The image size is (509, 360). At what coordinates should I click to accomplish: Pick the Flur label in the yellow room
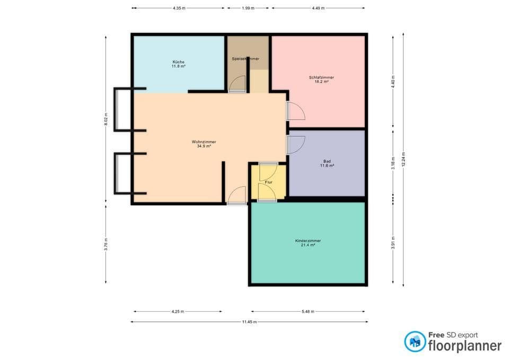(x=268, y=182)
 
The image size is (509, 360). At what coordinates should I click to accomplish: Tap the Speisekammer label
(x=245, y=59)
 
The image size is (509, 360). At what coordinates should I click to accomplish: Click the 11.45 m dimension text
(x=249, y=322)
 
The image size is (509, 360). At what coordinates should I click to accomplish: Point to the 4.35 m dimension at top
(x=179, y=8)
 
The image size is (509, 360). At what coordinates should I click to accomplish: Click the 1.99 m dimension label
(x=248, y=8)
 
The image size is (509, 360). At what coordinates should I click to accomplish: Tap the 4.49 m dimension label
(x=318, y=8)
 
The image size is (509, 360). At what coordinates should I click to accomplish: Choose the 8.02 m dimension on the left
(x=106, y=119)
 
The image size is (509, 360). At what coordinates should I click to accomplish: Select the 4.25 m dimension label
(x=178, y=312)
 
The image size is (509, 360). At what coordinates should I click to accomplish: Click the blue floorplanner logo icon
(x=415, y=341)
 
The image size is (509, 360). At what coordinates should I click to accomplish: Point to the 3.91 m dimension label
(x=393, y=242)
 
